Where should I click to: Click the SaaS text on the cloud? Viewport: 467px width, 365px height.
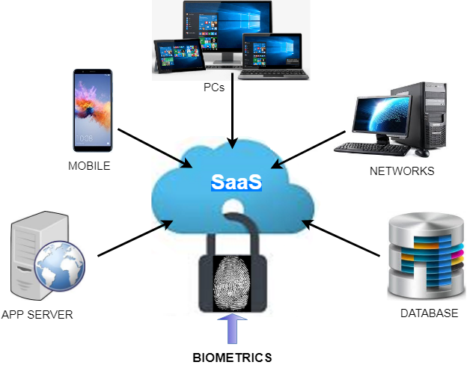click(234, 182)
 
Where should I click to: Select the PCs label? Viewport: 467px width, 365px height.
click(214, 88)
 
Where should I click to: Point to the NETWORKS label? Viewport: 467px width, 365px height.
click(402, 171)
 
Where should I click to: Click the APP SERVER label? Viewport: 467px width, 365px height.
click(37, 314)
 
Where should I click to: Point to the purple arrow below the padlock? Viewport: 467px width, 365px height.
click(233, 329)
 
